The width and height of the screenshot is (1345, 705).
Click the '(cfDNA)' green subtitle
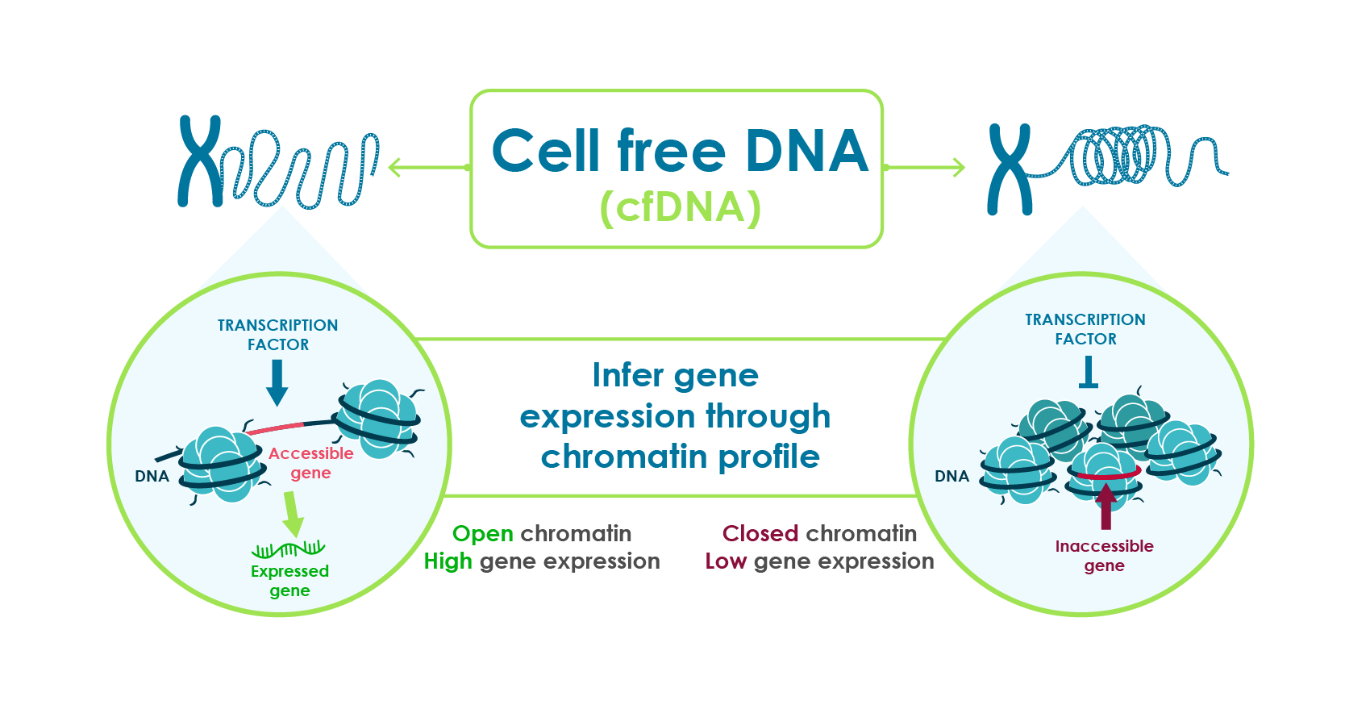click(x=681, y=208)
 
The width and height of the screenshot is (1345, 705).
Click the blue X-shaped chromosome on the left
click(x=200, y=161)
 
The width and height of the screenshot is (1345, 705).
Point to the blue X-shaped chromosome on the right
click(x=1010, y=169)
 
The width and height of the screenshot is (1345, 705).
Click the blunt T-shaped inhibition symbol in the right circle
click(x=1088, y=373)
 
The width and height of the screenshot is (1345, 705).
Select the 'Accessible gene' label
click(x=310, y=463)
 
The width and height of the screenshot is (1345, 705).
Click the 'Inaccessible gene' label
click(x=1104, y=556)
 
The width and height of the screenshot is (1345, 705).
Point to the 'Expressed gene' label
click(x=290, y=581)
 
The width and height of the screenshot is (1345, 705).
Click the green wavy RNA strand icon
click(x=288, y=549)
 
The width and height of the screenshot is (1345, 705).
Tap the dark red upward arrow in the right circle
click(x=1106, y=506)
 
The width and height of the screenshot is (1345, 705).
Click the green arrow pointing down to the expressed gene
click(x=293, y=514)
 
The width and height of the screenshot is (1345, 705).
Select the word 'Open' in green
click(x=483, y=534)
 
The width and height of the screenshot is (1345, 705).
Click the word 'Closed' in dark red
click(x=760, y=533)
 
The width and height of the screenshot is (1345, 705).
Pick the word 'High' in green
click(x=448, y=561)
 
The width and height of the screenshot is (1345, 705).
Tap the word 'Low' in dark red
click(x=726, y=561)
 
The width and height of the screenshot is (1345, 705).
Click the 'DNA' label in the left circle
click(x=152, y=476)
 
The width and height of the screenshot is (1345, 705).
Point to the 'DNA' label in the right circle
click(x=951, y=476)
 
